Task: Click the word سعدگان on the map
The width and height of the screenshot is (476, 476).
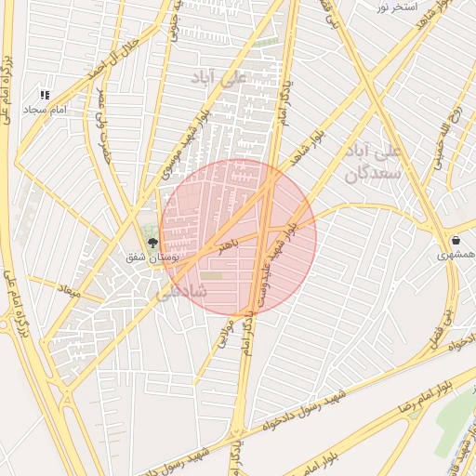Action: pos(377,172)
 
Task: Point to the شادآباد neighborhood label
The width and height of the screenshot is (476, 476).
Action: pos(182,291)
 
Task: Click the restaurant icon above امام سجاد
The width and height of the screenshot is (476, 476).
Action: pos(45,95)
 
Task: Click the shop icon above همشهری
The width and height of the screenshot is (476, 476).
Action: pos(455,239)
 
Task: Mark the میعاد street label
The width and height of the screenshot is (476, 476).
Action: pos(70,292)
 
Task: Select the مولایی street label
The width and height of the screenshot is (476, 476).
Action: pos(223,334)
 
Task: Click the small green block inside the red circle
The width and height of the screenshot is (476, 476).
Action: pos(213,275)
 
